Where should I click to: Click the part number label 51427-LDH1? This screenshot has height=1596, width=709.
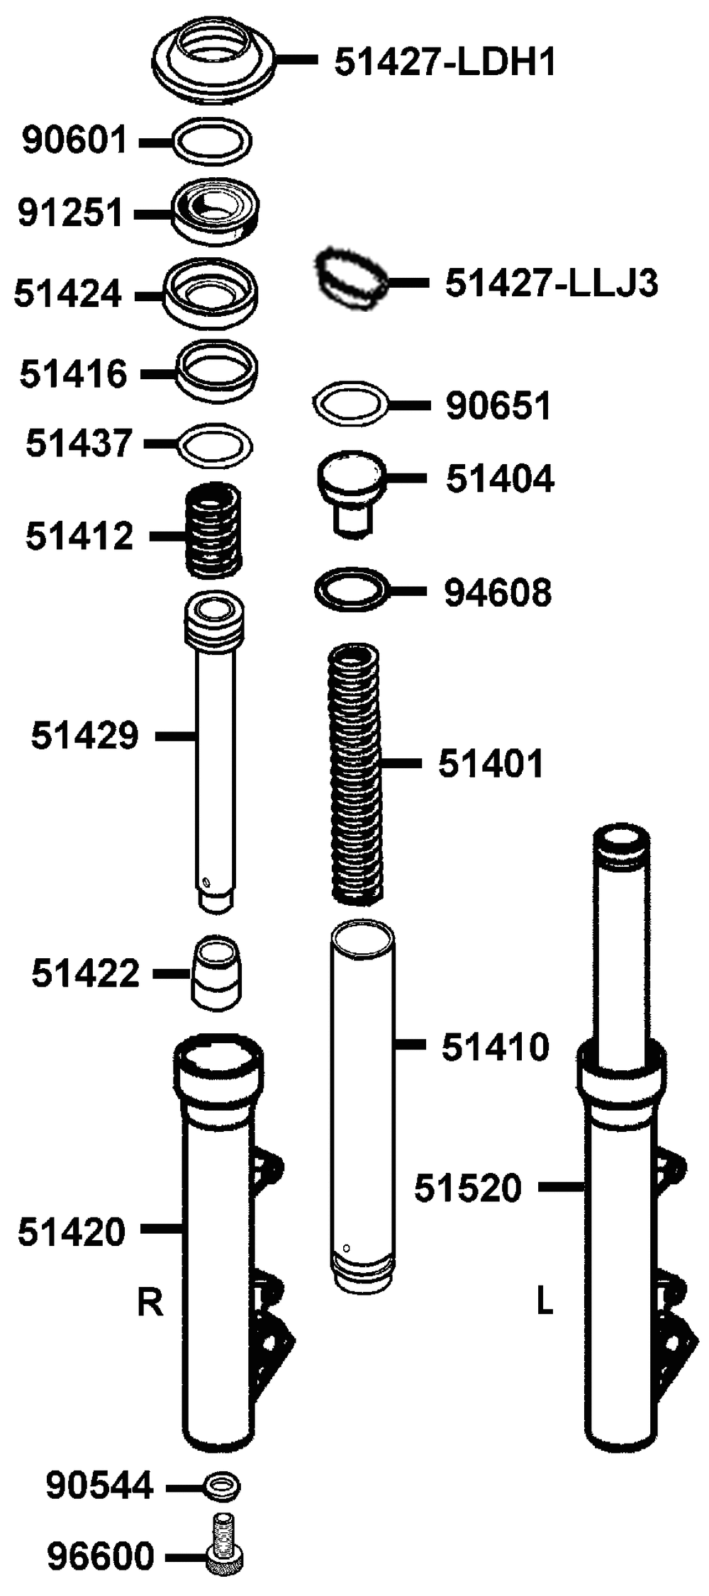(x=445, y=62)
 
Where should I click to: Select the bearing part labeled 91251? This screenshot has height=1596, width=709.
(x=216, y=211)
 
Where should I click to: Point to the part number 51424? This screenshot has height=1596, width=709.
(x=68, y=293)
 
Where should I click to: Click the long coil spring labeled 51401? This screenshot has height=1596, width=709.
(x=356, y=774)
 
